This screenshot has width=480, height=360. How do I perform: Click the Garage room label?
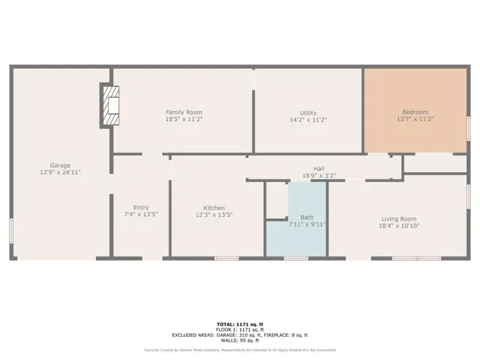[x=60, y=165]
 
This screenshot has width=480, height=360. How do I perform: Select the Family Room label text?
[x=184, y=112]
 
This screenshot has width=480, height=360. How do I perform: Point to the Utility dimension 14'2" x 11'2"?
[x=308, y=120]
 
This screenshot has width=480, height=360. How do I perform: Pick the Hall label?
[x=319, y=169]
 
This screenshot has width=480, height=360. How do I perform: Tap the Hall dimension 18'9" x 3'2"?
[x=319, y=176]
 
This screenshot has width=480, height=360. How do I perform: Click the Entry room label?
[x=141, y=208]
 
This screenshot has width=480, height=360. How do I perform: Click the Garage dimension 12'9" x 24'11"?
[x=60, y=172]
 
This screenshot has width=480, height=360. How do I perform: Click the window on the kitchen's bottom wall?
[x=226, y=259]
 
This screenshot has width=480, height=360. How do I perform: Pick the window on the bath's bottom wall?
[x=295, y=259]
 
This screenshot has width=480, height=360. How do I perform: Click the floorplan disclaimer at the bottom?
[x=239, y=349]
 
